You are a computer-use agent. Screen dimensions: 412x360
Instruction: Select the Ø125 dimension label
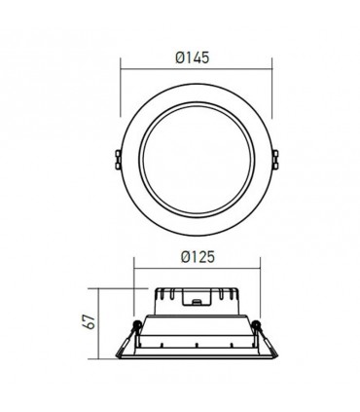click(x=195, y=258)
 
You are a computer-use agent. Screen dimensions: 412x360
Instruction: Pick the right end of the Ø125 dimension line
click(x=258, y=269)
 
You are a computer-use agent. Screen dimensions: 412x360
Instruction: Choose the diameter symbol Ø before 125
click(x=181, y=258)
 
